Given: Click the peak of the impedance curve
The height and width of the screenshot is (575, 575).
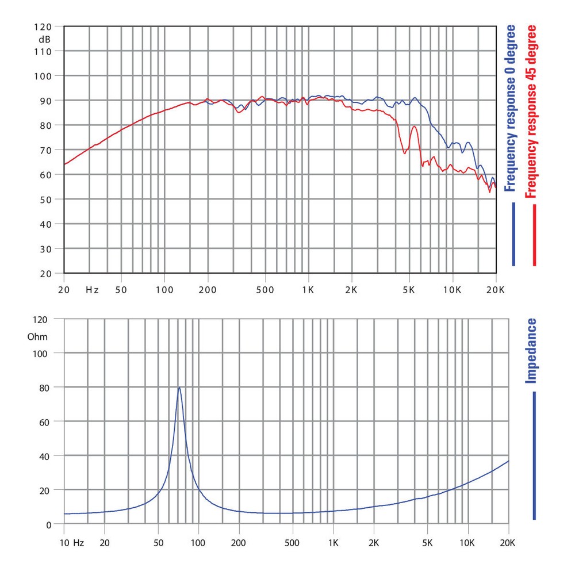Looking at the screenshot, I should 179,388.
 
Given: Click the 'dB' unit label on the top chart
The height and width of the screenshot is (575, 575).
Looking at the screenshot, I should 45,40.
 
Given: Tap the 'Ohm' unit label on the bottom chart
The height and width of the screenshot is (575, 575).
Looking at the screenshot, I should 38,337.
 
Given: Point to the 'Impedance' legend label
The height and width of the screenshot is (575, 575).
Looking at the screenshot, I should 532,351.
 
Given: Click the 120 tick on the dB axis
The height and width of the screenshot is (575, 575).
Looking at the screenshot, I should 44,27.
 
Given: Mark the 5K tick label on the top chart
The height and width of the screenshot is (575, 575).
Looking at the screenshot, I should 409,289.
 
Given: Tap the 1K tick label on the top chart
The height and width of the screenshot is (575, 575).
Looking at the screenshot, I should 308,289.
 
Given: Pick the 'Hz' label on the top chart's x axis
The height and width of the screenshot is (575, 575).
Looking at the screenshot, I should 92,289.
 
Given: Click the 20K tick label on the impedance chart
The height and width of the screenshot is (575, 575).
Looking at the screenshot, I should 508,542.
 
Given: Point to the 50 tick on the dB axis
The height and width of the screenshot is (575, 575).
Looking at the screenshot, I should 45,200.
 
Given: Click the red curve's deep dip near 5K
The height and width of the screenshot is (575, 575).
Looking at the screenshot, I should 405,153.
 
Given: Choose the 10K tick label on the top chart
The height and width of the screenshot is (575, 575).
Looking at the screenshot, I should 452,289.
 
